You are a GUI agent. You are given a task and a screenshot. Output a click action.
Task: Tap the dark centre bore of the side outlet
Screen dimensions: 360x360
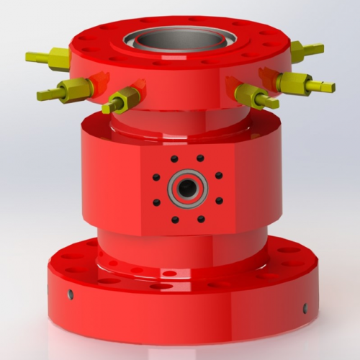[188, 189]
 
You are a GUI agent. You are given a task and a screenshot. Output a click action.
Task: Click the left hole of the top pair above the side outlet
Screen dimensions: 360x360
[174, 158]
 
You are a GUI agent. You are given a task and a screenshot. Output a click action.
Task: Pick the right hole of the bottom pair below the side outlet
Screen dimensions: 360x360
[201, 219]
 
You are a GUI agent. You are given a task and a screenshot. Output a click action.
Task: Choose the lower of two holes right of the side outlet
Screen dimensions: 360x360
[219, 201]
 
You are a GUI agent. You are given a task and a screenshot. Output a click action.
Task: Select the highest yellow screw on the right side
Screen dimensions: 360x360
[307, 50]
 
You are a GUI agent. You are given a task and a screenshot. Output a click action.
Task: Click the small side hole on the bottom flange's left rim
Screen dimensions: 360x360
[70, 294]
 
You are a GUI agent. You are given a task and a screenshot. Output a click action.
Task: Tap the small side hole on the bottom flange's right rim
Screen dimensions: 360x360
[304, 309]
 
